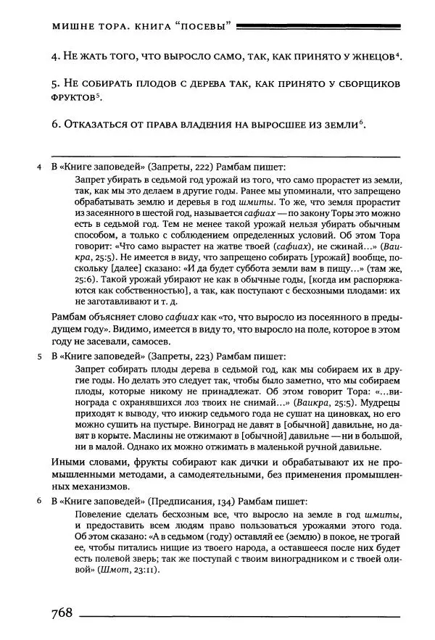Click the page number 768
[62, 613]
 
